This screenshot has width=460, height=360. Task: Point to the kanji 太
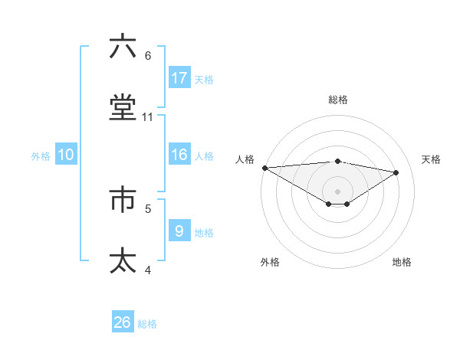coord(123,260)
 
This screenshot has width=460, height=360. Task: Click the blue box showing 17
coord(179,77)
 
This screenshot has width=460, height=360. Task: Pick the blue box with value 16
coord(179,155)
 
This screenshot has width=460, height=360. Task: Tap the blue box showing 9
coord(179,231)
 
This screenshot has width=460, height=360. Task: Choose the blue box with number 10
coord(66,155)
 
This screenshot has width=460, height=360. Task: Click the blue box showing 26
coord(123,322)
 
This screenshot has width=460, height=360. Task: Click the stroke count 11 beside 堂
coord(148,117)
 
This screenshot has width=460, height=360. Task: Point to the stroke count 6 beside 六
coord(148,55)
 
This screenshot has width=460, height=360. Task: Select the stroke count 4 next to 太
coord(148,270)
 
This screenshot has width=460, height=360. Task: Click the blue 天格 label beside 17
coord(204,79)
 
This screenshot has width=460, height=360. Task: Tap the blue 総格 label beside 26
coord(147,324)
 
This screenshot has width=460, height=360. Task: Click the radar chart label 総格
coord(338,100)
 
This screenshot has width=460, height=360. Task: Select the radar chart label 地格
coord(402,262)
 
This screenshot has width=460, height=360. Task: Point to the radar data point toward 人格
coord(264,168)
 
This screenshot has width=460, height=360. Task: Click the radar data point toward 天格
coord(396,172)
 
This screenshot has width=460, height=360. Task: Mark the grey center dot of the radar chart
coord(338,191)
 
